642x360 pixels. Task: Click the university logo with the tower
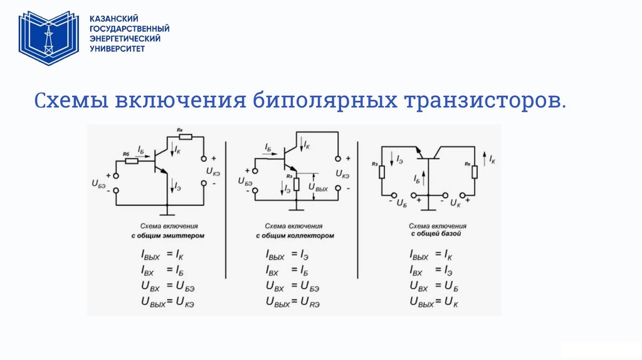pos(48,38)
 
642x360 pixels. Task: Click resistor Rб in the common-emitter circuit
pos(131,160)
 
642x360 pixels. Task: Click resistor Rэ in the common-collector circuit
pos(297,183)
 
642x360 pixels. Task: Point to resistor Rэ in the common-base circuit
pos(381,171)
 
